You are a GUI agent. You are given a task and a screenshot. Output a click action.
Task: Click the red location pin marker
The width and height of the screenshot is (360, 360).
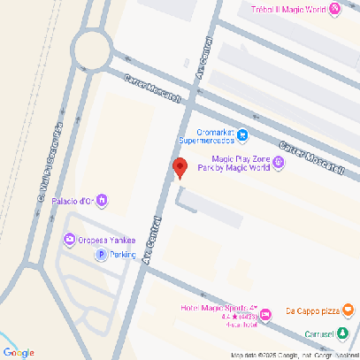(x=180, y=167)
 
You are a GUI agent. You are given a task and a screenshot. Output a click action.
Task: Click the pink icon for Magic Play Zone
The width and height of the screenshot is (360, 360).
(x=279, y=161)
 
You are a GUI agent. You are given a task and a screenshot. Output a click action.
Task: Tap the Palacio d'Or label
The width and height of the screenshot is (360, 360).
(x=73, y=201)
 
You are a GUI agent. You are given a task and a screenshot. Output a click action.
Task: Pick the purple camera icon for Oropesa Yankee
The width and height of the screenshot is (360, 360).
(x=69, y=239)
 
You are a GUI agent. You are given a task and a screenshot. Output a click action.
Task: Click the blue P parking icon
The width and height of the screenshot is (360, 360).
(x=101, y=255)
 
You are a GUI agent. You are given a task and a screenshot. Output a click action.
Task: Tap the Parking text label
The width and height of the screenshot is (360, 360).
(x=123, y=255)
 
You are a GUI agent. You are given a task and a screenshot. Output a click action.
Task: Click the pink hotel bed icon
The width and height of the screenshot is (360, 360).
(x=265, y=317)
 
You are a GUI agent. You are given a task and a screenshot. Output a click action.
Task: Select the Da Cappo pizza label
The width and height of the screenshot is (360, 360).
(x=311, y=310)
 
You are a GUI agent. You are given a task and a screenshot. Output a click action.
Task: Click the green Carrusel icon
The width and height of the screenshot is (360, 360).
(x=343, y=333)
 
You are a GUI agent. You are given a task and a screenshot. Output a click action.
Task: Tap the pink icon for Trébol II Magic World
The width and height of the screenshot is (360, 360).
(x=335, y=10)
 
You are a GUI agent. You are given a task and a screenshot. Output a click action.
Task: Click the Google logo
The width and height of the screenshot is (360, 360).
(x=19, y=352)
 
